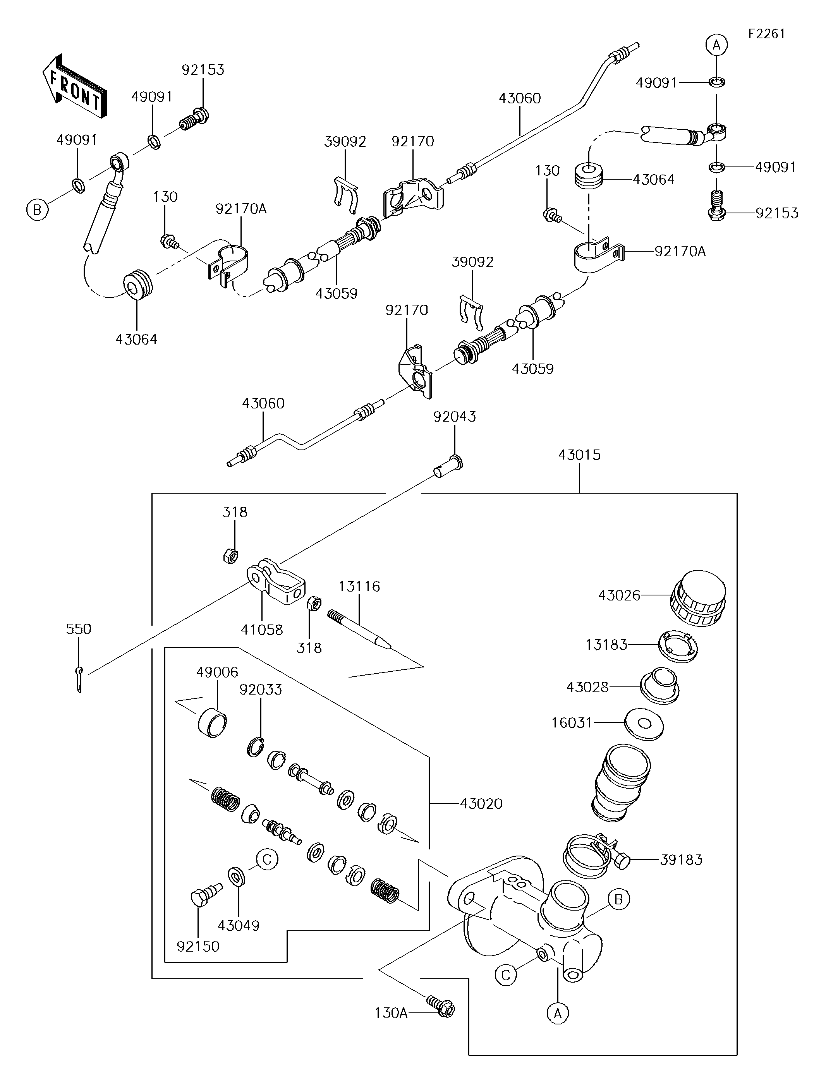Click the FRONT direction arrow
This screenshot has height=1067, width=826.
pos(74,86)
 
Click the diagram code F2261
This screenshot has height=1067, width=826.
pos(766,34)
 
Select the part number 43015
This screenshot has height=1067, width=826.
pos(579,455)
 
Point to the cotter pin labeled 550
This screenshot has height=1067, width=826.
pos(80,679)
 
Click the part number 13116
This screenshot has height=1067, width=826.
pos(359,586)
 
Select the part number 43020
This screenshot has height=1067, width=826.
pos(481,804)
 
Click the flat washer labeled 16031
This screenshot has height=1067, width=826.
pos(644,722)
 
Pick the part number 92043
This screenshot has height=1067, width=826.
pos(455,416)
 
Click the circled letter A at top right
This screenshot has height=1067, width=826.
pos(716,45)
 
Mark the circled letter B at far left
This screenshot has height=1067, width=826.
pos(37,210)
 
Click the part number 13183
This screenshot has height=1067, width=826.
pos(606,645)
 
